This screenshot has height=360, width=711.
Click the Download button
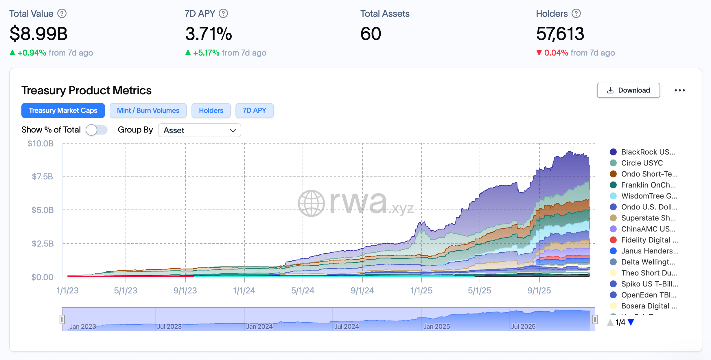click(628, 90)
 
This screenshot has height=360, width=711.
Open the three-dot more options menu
click(679, 90)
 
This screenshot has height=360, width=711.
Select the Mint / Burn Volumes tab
click(148, 111)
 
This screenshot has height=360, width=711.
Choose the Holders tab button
click(211, 111)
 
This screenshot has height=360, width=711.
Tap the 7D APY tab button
click(254, 111)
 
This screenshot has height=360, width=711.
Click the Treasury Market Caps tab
click(63, 111)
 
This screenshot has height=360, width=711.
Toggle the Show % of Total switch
click(96, 130)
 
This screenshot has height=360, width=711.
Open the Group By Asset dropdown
click(199, 130)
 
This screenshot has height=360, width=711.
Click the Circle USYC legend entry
click(642, 163)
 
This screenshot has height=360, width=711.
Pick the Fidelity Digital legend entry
click(649, 240)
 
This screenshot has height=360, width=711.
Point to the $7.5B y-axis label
click(43, 176)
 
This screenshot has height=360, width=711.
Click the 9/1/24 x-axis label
click(362, 291)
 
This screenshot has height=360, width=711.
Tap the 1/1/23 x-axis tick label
click(67, 291)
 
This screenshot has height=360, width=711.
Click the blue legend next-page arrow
click(631, 322)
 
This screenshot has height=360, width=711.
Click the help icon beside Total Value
click(62, 14)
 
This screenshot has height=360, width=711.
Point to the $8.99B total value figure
click(38, 34)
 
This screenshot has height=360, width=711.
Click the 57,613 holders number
click(560, 34)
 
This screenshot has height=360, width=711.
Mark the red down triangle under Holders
click(539, 53)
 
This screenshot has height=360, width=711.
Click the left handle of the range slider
click(62, 319)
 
